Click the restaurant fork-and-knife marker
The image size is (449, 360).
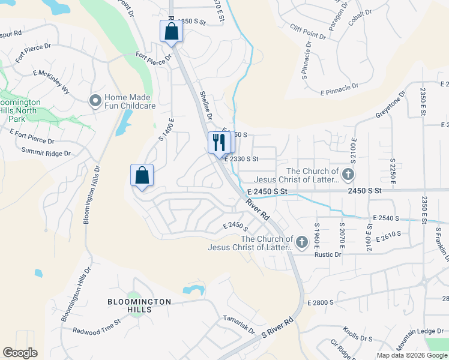pyautogui.click(x=218, y=142)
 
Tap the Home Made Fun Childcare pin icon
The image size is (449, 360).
pyautogui.click(x=95, y=101)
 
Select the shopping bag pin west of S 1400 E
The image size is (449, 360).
pyautogui.click(x=142, y=176)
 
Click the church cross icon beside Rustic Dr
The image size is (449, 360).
pyautogui.click(x=301, y=242)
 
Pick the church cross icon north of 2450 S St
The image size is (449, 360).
pyautogui.click(x=349, y=175)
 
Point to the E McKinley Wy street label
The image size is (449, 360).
pyautogui.click(x=52, y=82)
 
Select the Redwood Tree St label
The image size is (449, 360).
pyautogui.click(x=97, y=331)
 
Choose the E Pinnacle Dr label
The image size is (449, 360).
pyautogui.click(x=339, y=89)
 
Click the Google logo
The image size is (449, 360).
pyautogui.click(x=20, y=353)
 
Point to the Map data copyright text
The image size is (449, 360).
pyautogui.click(x=411, y=355)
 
